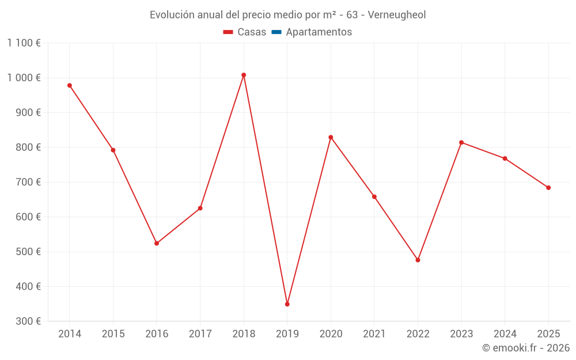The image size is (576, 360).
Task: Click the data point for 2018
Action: coord(244,75)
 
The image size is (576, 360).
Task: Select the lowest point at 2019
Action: coord(287,304)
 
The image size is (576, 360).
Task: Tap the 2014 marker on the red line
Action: coord(70,85)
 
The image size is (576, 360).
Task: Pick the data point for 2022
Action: coord(418,260)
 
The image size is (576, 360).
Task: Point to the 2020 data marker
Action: coord(331,137)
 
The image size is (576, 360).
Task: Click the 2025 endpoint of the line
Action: coord(548,188)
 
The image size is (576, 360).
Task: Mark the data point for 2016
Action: coord(157,243)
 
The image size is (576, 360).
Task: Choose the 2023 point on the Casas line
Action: coord(461,142)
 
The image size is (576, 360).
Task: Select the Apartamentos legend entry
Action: coord(319,32)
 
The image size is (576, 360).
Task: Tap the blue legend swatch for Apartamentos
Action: coord(276,32)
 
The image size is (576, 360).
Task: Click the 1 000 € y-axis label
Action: coord(24,78)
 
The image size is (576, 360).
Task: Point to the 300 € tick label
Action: coord(28,321)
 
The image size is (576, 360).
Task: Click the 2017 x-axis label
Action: coord(200,334)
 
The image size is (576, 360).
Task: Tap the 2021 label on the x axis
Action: coord(374,334)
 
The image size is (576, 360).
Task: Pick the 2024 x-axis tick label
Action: coord(505,334)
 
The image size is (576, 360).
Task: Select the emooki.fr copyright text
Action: coord(526,348)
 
